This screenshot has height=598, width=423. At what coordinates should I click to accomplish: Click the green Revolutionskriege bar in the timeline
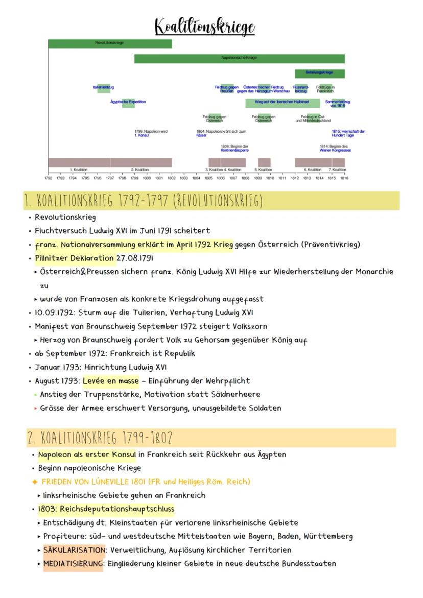[x=110, y=43]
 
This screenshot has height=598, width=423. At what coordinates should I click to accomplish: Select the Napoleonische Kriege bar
[x=239, y=58]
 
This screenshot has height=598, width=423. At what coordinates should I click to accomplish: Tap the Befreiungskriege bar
[x=319, y=73]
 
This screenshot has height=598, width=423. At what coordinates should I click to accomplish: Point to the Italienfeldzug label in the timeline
[x=104, y=88]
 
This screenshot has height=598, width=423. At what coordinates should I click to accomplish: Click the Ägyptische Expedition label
[x=128, y=102]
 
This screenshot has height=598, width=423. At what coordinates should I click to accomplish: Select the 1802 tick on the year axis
[x=172, y=178]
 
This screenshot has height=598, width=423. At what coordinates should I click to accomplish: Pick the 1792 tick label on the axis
[x=48, y=178]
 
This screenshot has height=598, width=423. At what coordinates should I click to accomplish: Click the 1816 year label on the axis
[x=344, y=178]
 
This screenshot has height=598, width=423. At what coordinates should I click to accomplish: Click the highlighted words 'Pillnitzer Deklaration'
[x=75, y=258]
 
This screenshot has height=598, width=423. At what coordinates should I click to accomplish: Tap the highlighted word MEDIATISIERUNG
[x=73, y=564]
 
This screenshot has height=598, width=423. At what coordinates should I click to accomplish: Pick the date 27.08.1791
[x=135, y=258]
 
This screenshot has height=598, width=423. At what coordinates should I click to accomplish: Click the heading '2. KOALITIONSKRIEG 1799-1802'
[x=101, y=438]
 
